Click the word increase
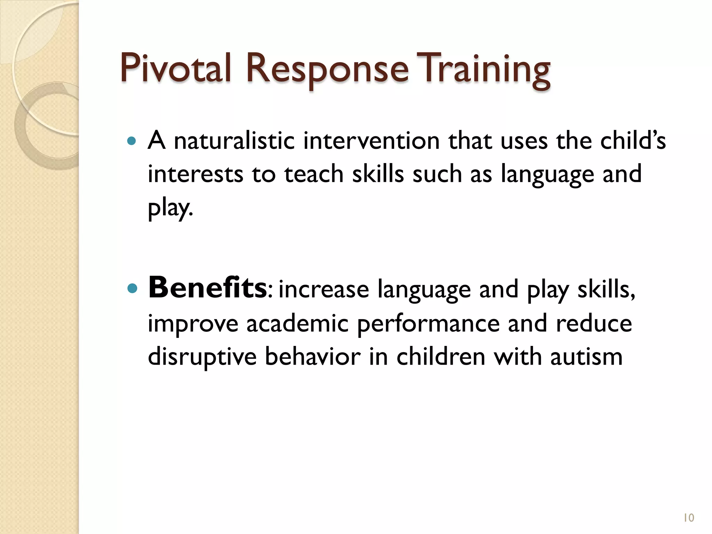point(324,290)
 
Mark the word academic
point(298,324)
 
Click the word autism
point(586,357)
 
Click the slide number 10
point(689,518)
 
